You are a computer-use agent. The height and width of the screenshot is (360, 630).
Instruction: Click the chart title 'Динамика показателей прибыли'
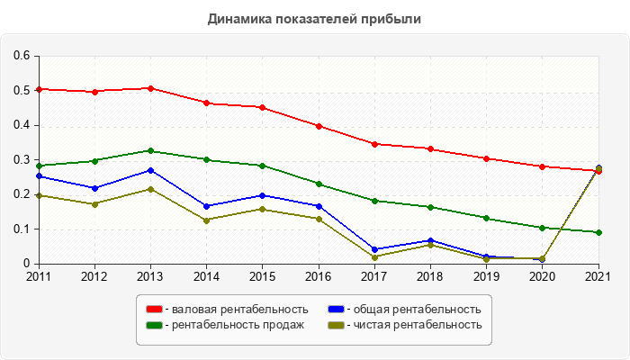(314, 18)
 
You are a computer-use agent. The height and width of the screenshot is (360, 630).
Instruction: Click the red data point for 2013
(150, 88)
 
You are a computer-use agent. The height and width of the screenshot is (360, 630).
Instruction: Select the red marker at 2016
(319, 126)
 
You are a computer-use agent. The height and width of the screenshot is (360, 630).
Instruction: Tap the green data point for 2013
(150, 150)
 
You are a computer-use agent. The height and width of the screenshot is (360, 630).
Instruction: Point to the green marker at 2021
(598, 232)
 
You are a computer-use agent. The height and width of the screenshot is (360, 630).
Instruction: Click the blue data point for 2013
(150, 170)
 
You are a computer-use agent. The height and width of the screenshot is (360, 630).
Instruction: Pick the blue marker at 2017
(374, 249)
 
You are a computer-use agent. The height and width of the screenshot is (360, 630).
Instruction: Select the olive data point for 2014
(206, 220)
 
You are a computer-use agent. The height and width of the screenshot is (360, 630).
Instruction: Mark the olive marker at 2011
(39, 195)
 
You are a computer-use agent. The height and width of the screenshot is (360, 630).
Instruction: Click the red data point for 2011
(39, 89)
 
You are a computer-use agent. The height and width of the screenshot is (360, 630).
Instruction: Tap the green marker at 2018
(430, 207)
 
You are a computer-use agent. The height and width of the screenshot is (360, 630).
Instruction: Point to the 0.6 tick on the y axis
(22, 56)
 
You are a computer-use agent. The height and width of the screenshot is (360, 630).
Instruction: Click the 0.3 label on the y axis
(22, 160)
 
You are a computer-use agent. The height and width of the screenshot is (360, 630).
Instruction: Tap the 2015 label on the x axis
(262, 276)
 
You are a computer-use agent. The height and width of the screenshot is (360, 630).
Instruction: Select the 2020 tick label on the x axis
(543, 276)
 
